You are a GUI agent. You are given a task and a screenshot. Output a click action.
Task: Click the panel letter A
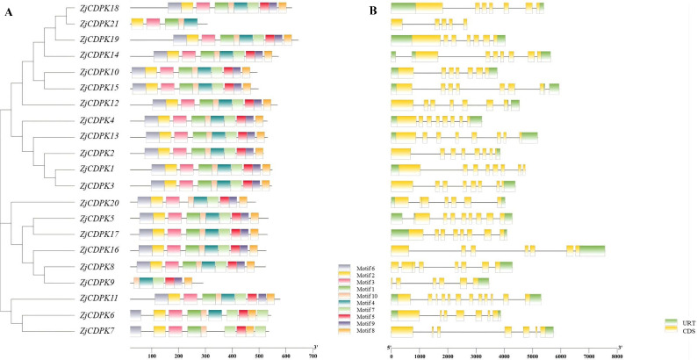click(x=9, y=12)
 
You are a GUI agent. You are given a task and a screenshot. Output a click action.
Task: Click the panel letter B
click(x=373, y=12)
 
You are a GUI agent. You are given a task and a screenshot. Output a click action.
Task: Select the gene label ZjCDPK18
click(x=99, y=8)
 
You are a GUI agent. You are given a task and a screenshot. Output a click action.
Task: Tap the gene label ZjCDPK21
click(x=99, y=24)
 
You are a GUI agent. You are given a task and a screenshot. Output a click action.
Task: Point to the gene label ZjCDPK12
click(x=99, y=104)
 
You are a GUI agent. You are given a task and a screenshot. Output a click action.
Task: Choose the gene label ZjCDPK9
click(x=97, y=282)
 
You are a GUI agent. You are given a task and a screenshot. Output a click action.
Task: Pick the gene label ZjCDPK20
click(x=99, y=203)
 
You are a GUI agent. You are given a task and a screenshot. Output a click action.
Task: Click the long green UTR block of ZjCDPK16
click(x=592, y=251)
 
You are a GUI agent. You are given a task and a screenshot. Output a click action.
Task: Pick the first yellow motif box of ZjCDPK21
click(x=137, y=24)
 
